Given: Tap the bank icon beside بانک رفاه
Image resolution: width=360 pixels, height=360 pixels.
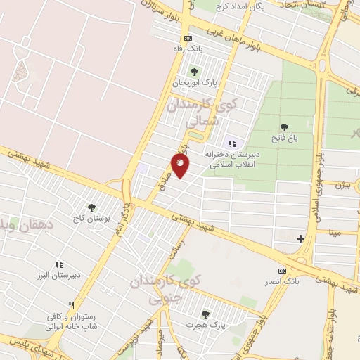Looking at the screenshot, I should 187,38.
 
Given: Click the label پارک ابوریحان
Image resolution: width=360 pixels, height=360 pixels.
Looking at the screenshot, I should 196,83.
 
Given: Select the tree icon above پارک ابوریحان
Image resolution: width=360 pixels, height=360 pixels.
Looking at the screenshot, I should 194,72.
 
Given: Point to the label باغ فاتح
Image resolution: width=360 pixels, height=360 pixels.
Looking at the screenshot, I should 287,139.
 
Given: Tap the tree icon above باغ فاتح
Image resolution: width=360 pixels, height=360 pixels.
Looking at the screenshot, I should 284,127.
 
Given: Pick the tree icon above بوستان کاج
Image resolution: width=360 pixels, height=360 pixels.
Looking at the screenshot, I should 91,207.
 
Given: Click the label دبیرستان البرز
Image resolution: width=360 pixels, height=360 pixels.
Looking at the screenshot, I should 59,276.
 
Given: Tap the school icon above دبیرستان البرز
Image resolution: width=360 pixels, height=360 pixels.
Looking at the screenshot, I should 59,264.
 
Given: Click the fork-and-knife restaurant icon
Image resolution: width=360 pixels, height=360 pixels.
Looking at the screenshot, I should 70,313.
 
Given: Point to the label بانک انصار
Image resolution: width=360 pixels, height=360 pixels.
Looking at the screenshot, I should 283,282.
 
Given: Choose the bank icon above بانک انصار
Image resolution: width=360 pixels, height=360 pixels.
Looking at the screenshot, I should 283,271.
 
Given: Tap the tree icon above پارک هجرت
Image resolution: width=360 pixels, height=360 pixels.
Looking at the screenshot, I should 205,314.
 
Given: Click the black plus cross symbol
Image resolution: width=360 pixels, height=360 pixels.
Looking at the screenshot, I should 301,238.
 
